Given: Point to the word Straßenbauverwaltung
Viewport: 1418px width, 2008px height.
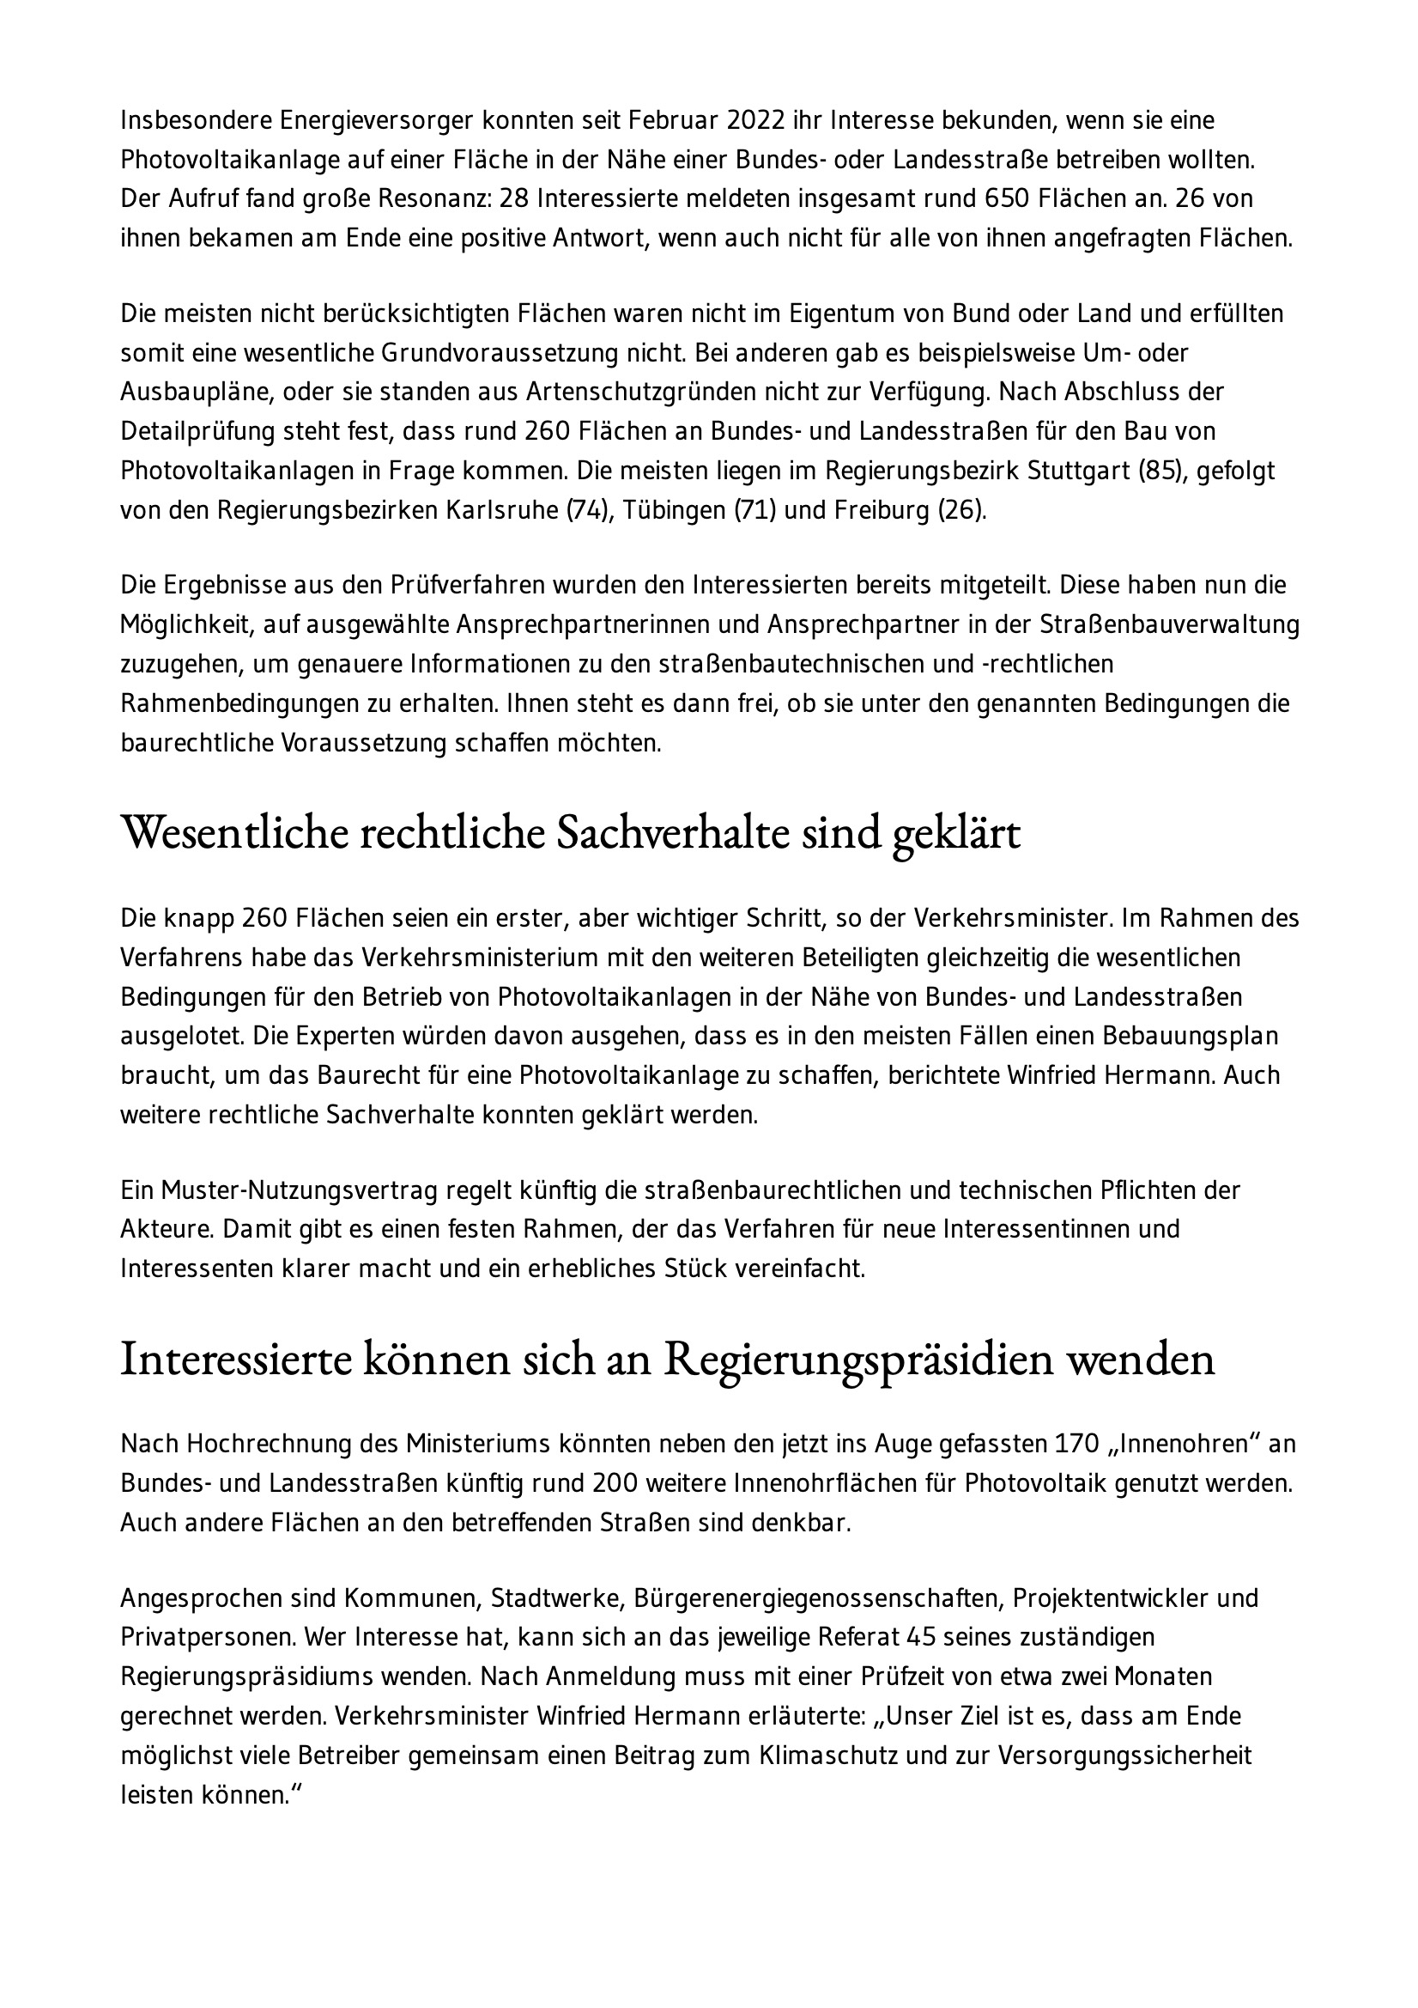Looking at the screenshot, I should click(x=1169, y=624).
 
